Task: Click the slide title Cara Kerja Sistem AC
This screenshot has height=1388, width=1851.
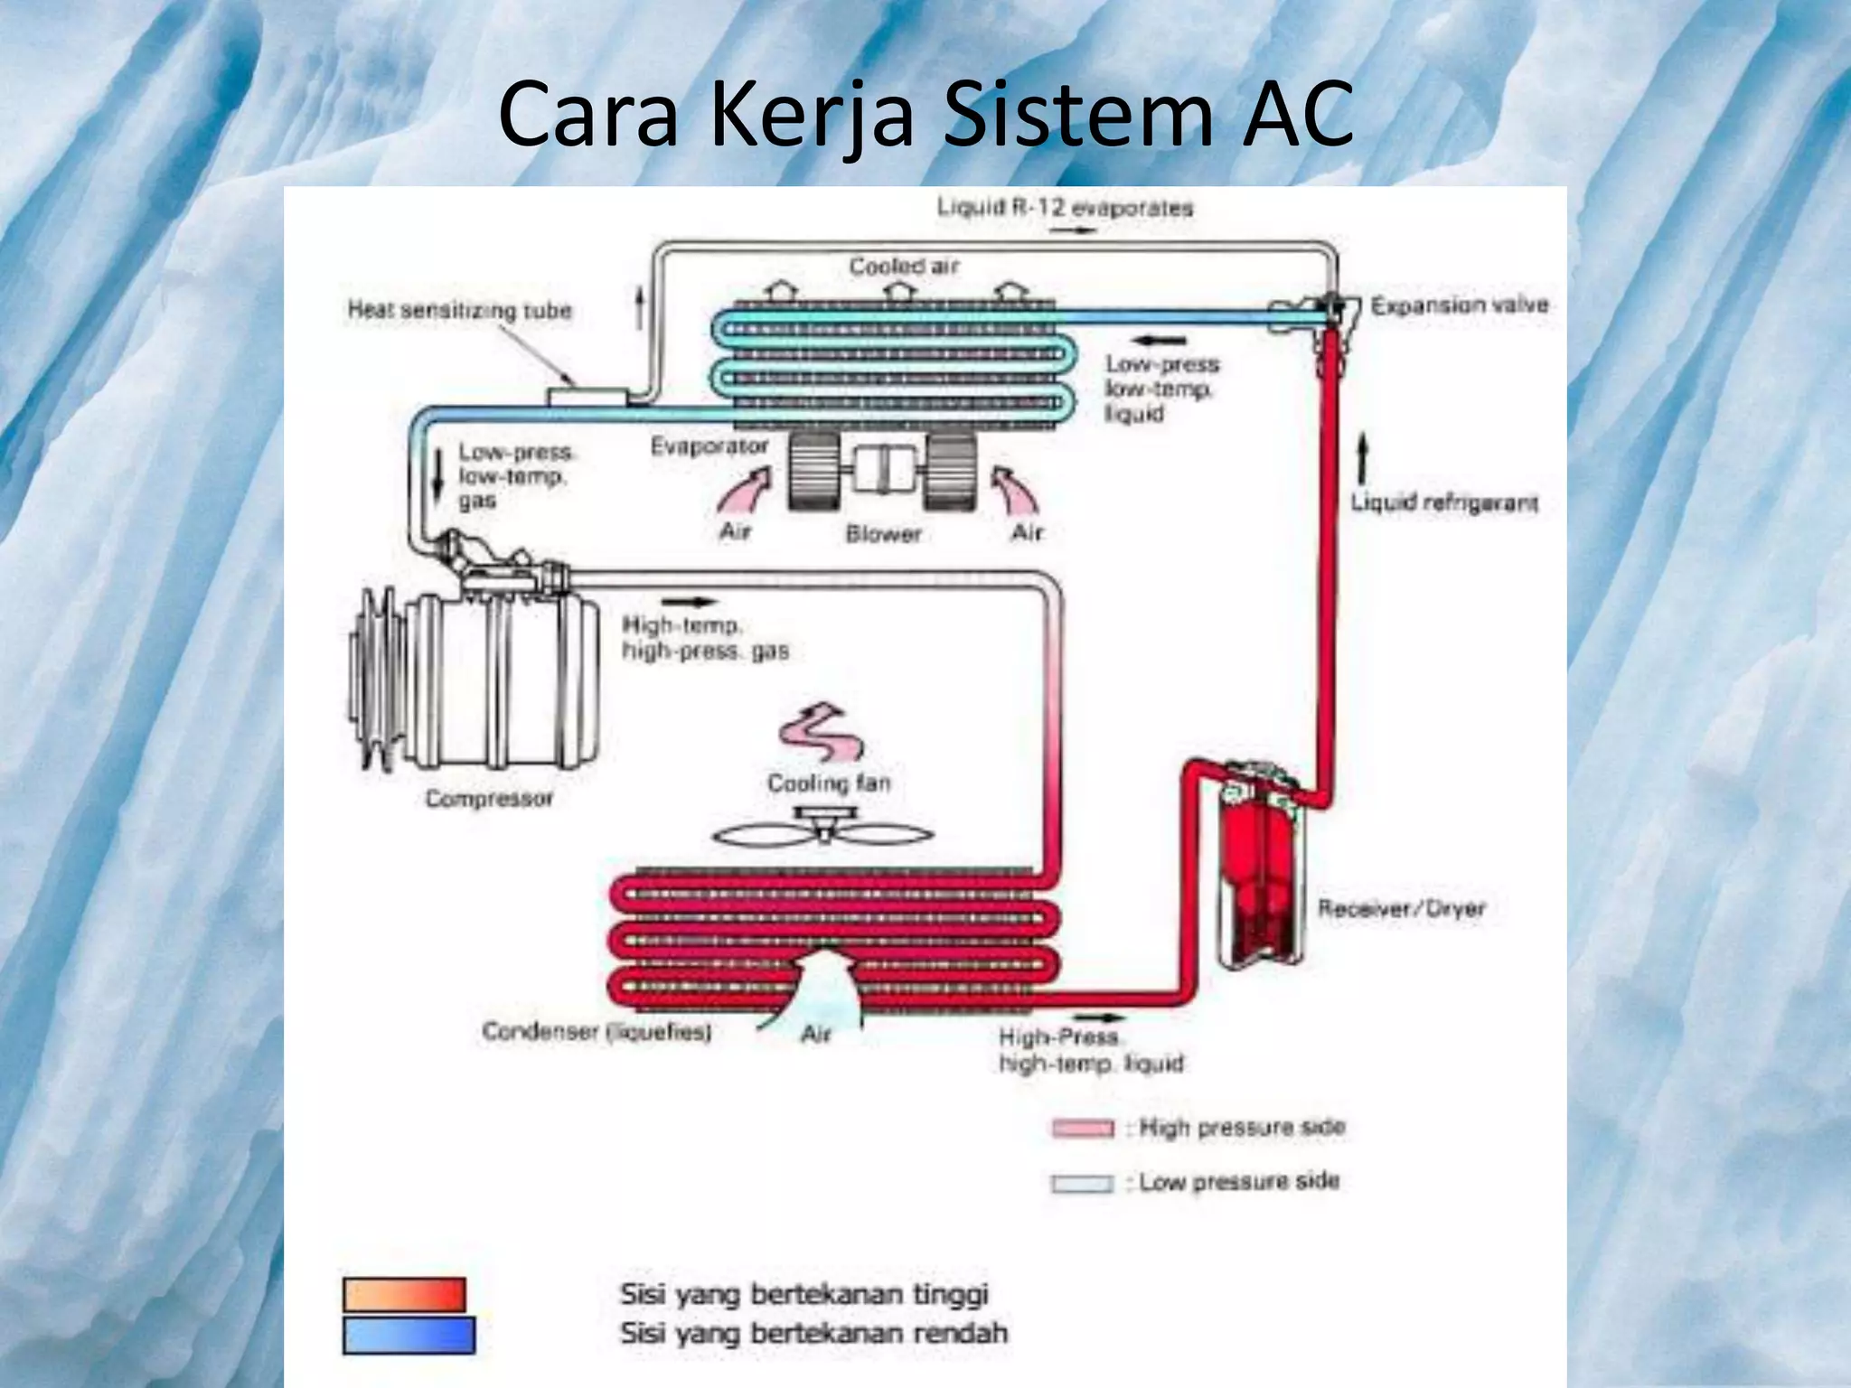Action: [x=925, y=116]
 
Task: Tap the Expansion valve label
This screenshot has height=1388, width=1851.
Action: [x=1459, y=305]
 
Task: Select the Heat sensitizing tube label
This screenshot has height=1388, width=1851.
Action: [x=459, y=311]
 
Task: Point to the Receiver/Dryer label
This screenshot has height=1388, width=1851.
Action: [x=1401, y=908]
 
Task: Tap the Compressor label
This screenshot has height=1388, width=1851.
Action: [x=488, y=799]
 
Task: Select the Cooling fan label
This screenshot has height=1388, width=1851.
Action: [x=829, y=783]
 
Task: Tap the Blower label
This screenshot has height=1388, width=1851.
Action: [x=883, y=534]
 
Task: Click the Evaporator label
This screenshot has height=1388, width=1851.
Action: [x=709, y=446]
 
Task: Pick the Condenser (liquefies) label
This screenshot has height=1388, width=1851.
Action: [x=597, y=1032]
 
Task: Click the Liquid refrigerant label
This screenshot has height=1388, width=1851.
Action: [x=1443, y=502]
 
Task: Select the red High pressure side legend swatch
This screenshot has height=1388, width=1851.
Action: [x=1082, y=1129]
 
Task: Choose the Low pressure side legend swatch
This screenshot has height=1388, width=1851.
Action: [x=1082, y=1183]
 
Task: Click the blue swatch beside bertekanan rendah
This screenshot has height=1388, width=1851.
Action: [x=409, y=1335]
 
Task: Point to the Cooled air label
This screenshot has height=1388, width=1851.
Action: [x=903, y=267]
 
